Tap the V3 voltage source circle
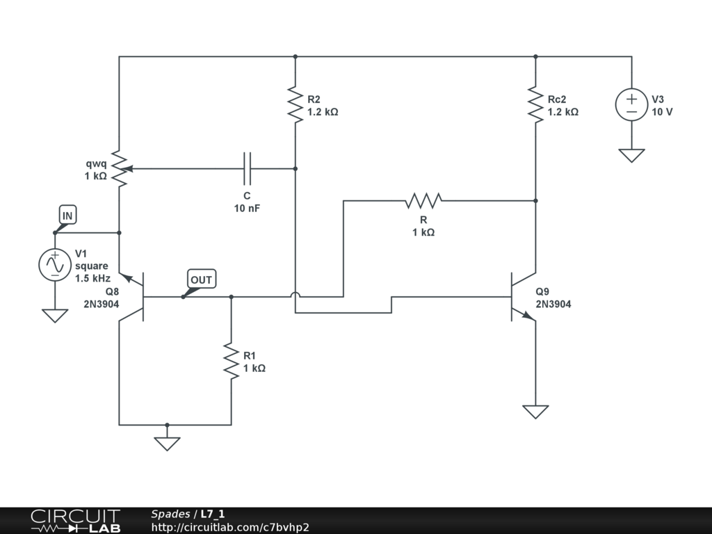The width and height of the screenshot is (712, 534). [x=631, y=105]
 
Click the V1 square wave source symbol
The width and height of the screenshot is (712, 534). [x=55, y=265]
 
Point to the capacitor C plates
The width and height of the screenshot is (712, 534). [x=247, y=168]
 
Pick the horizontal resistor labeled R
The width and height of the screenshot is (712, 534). [x=423, y=200]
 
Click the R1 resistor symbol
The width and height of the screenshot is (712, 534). [x=231, y=362]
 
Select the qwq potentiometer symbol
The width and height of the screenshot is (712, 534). [x=120, y=169]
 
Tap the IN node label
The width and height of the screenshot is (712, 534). [x=67, y=216]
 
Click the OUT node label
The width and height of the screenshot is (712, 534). [x=201, y=280]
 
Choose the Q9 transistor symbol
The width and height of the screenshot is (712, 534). [x=523, y=297]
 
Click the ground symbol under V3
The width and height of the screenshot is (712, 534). [x=631, y=155]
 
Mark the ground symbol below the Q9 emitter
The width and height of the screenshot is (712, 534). [x=535, y=412]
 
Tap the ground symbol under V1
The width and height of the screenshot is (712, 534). [x=55, y=316]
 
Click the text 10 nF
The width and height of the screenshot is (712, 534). [x=247, y=209]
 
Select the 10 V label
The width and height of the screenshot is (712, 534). [x=662, y=112]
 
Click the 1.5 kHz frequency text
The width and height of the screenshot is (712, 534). [x=92, y=278]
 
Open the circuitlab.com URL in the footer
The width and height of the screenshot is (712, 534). [x=230, y=527]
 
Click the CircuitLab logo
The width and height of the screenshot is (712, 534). [x=76, y=521]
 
